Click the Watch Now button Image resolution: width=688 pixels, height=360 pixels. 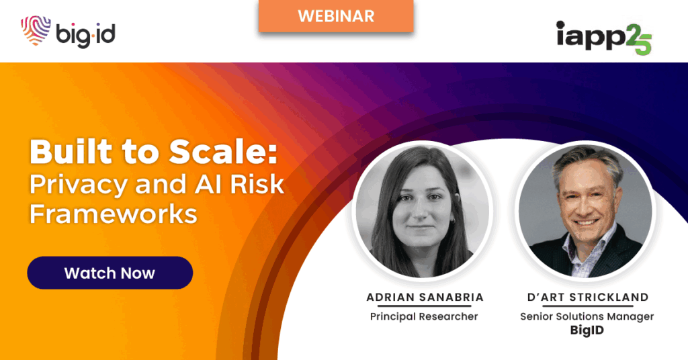[x=110, y=273]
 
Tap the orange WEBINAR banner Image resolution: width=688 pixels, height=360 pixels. [x=336, y=16]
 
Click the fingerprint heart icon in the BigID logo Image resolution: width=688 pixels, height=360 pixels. [x=36, y=30]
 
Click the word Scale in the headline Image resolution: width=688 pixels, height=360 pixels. [x=223, y=152]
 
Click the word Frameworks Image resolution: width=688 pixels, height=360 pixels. [x=113, y=214]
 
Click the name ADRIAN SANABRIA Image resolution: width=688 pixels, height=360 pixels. [x=425, y=297]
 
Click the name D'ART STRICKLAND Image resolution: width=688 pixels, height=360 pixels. [x=588, y=297]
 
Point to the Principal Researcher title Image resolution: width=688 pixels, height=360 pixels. [x=424, y=316]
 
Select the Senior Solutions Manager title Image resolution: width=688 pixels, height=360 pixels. [x=587, y=316]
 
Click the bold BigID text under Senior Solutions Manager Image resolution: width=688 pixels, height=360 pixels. [x=587, y=330]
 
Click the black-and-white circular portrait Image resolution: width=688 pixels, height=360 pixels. [x=423, y=210]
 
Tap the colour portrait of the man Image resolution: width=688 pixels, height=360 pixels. [x=586, y=210]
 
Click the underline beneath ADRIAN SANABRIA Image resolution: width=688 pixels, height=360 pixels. [x=425, y=306]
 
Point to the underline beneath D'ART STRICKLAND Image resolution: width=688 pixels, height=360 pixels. [x=588, y=306]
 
